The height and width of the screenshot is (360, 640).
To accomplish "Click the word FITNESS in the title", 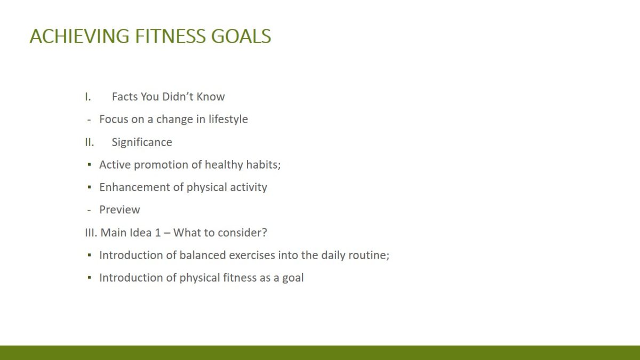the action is (170, 36).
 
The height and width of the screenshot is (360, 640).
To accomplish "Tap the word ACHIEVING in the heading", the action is (79, 36).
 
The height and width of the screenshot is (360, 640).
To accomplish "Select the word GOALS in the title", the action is (241, 36).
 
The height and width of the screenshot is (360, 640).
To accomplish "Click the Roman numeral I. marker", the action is (87, 97).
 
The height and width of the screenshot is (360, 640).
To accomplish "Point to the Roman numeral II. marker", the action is (90, 142).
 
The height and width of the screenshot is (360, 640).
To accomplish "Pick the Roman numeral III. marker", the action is (91, 233).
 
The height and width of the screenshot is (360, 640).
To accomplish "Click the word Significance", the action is (142, 142).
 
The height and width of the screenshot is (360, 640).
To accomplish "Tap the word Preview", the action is (119, 210).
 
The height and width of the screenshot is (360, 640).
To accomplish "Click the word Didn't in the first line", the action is (177, 97).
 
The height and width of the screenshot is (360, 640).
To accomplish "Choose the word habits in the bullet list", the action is (263, 165).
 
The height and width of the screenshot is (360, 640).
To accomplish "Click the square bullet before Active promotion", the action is (90, 165).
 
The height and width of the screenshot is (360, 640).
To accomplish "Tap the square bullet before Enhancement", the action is (90, 187).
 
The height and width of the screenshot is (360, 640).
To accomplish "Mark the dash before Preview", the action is (89, 211).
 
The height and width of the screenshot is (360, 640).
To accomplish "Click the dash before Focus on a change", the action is (89, 120).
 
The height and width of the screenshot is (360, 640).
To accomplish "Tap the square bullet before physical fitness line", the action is (90, 277).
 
